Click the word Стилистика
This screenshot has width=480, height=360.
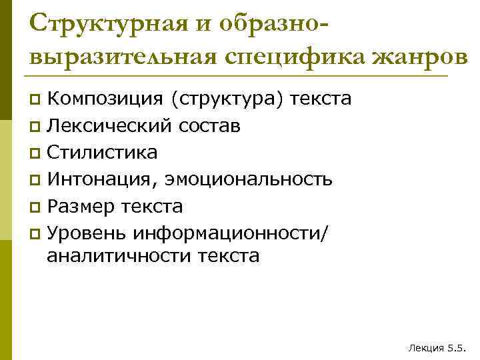click(103, 152)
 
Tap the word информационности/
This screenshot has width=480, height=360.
click(231, 233)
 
